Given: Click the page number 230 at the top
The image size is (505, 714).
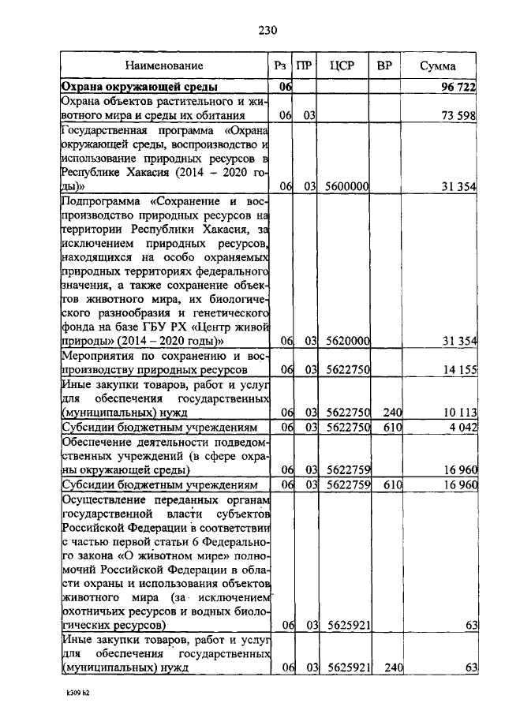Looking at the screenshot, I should (x=268, y=31).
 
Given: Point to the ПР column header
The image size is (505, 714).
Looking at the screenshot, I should (x=304, y=66).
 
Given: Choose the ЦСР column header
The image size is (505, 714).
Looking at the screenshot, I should (x=344, y=66).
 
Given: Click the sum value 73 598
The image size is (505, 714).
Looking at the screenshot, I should (x=458, y=116).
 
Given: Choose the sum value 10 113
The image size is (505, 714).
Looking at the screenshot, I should (x=458, y=412).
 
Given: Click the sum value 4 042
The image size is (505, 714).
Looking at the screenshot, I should (x=461, y=427).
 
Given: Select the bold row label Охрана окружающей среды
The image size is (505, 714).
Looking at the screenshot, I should (x=140, y=87).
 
